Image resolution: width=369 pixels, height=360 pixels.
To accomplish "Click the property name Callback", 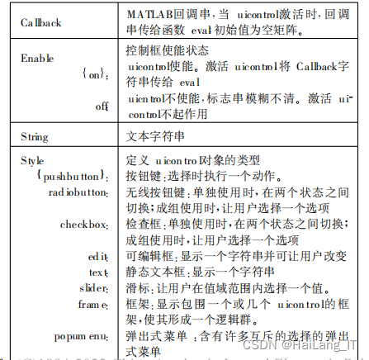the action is click(41, 22).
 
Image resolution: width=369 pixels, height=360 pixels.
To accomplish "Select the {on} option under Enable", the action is click(97, 73).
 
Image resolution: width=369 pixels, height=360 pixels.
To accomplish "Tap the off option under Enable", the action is click(103, 105).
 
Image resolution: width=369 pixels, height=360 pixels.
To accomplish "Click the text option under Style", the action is click(99, 272).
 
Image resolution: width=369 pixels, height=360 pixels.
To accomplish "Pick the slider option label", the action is click(96, 287).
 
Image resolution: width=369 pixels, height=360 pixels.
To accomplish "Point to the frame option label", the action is click(96, 304).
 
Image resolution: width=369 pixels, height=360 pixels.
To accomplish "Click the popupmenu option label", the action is click(83, 337).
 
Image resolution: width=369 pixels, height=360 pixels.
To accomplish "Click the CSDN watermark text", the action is click(263, 348).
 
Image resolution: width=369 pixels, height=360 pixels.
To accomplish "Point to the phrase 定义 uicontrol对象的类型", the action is click(198, 159).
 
